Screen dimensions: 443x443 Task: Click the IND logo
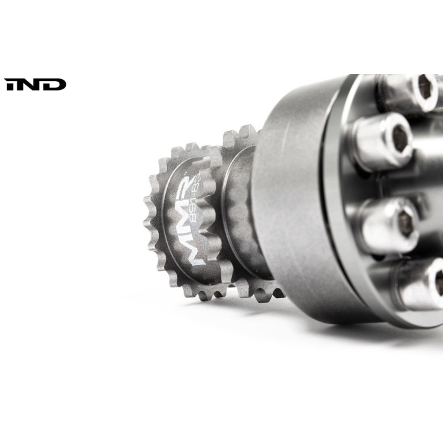(x=35, y=84)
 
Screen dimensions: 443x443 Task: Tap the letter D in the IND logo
(x=56, y=84)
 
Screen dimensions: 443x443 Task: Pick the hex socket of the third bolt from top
(x=406, y=221)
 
